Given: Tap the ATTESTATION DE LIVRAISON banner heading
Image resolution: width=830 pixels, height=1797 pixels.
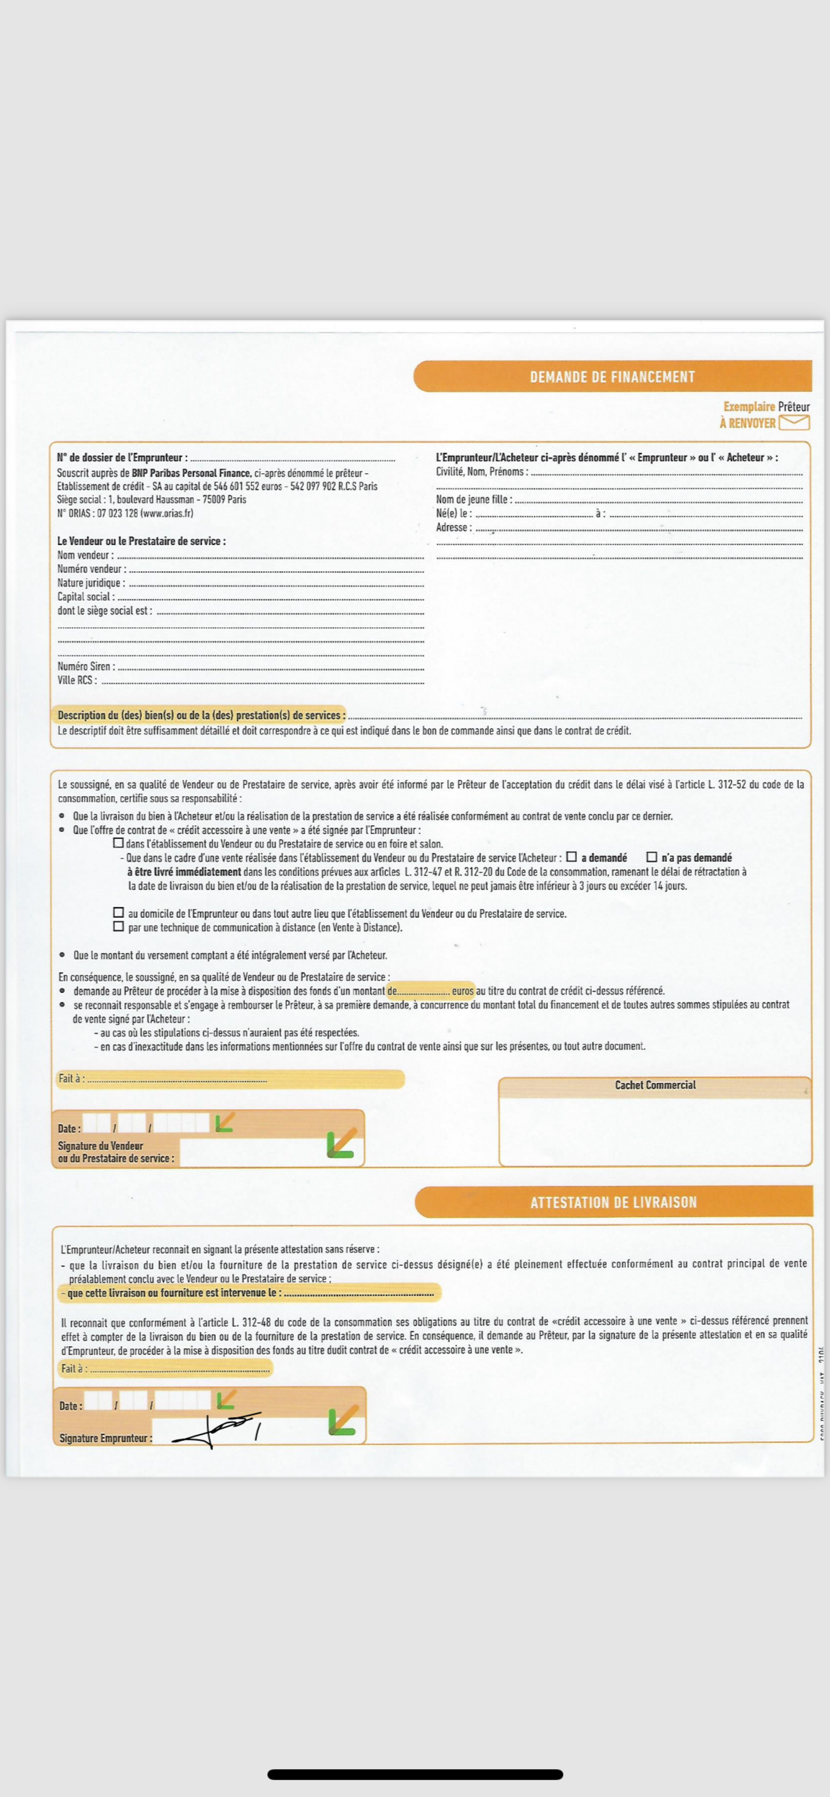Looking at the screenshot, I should click(x=613, y=1202).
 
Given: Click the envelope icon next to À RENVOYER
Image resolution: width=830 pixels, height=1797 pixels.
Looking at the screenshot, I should click(x=794, y=422).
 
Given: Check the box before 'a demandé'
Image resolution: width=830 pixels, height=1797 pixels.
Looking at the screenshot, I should click(x=571, y=857).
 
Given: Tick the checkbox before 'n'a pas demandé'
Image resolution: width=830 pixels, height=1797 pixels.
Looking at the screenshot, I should click(x=652, y=857).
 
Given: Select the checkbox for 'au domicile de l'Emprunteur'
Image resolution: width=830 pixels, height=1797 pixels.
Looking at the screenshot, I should click(x=119, y=913).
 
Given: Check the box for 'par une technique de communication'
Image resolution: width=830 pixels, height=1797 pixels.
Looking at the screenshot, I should click(x=119, y=926).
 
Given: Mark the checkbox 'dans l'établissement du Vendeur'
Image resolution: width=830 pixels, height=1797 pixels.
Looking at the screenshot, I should click(x=119, y=843).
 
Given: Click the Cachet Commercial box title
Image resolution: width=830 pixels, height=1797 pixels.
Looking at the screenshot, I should click(x=655, y=1085).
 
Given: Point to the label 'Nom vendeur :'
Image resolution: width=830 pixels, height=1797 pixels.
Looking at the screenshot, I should click(x=85, y=555).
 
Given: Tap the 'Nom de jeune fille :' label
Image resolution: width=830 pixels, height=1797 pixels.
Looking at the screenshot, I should click(x=474, y=499).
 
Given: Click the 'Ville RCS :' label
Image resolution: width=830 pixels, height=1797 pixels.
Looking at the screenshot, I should click(x=77, y=680).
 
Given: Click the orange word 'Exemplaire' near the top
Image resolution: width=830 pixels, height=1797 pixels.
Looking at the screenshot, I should click(x=748, y=407).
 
